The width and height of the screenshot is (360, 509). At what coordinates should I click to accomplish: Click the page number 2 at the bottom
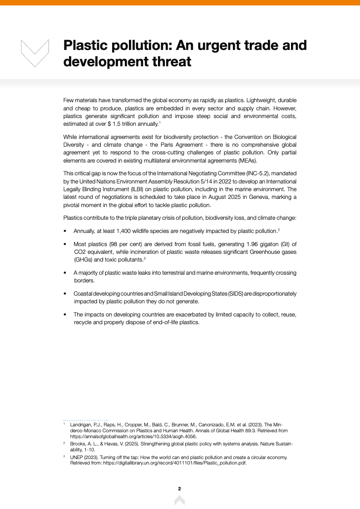point(180,489)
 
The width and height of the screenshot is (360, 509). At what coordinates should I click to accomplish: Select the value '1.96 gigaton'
point(242,244)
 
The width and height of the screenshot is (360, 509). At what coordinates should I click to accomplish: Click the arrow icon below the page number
point(180,500)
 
